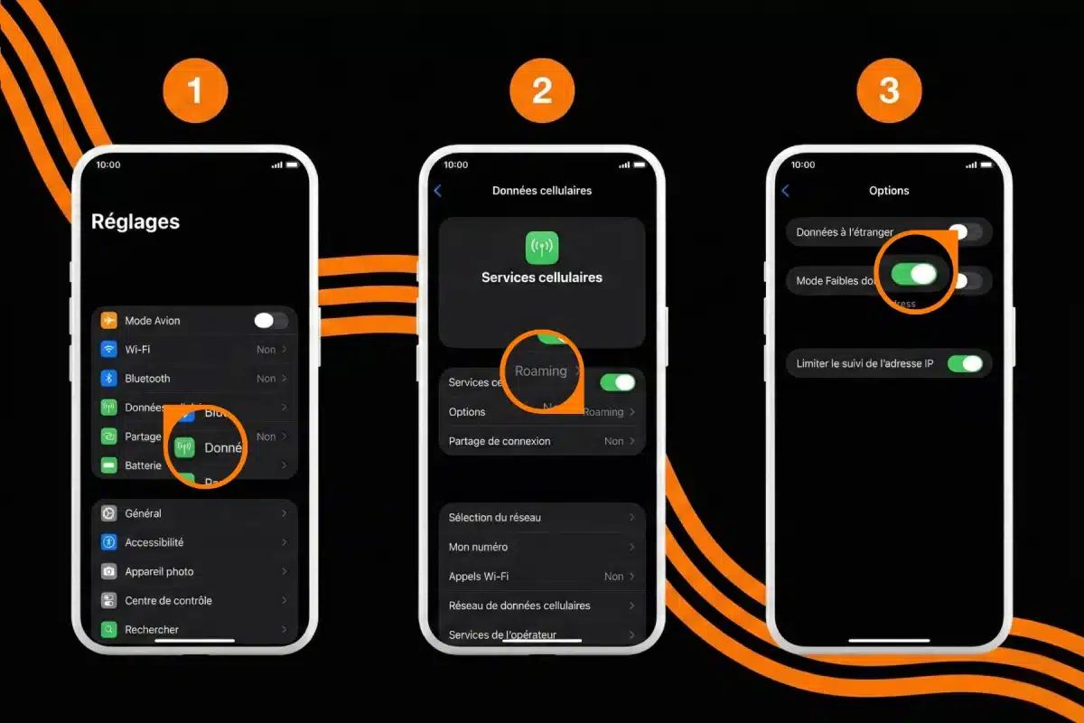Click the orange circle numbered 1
[195, 90]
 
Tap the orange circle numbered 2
[542, 90]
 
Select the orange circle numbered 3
[889, 90]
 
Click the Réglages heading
[135, 221]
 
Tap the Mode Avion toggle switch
[270, 320]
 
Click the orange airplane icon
[109, 320]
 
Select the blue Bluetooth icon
[109, 379]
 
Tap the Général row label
[143, 513]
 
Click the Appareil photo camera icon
[109, 571]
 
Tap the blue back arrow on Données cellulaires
[438, 191]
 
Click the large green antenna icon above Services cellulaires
[542, 247]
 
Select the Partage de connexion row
[542, 441]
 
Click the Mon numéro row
[542, 547]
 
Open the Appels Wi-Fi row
[542, 576]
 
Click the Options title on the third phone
[889, 191]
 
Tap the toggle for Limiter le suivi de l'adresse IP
[964, 363]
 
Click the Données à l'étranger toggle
[964, 232]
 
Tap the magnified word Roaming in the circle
[540, 371]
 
